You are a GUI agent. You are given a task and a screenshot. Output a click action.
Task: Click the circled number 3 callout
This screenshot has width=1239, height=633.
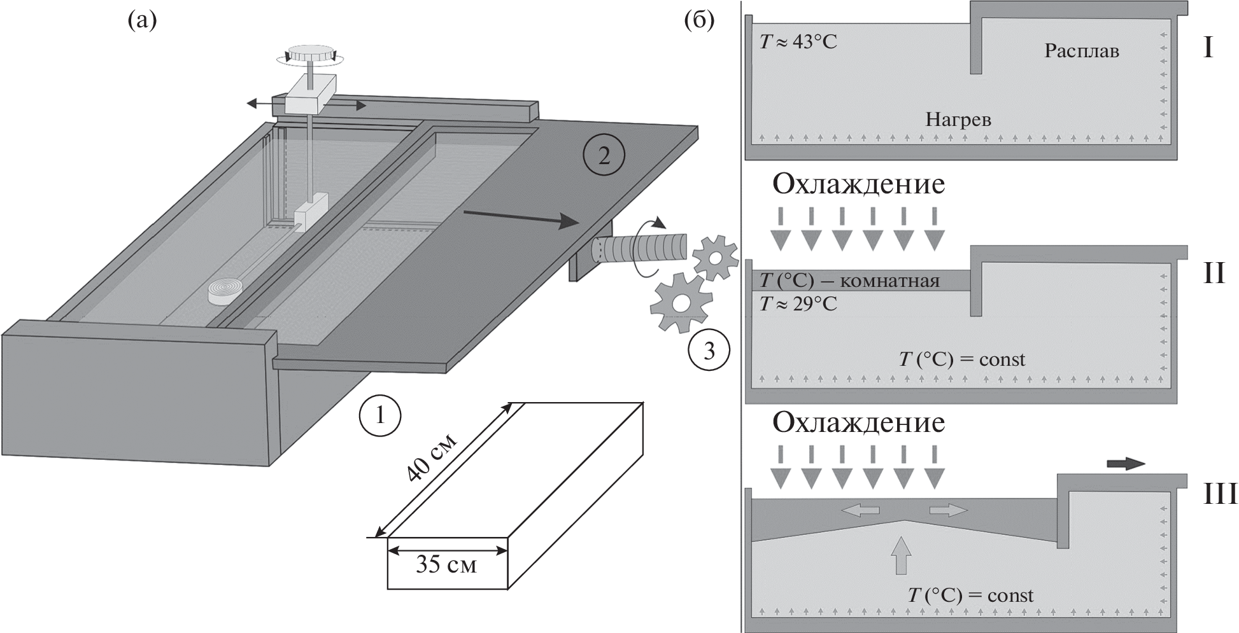point(709,351)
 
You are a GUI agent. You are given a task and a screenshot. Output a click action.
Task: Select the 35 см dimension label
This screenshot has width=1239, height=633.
point(446,564)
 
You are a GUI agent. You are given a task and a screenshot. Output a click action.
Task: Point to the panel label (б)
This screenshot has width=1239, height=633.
point(698,20)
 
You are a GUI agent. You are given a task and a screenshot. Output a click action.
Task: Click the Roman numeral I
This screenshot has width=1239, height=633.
point(1208,48)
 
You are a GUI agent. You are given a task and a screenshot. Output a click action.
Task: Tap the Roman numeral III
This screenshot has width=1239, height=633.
point(1218,494)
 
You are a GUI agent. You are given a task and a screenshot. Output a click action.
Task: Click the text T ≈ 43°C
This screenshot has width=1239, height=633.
point(798,42)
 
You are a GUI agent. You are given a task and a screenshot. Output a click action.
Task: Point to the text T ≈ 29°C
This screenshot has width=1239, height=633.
point(798,304)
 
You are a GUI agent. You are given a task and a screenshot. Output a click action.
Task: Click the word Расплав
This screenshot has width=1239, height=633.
point(1081,51)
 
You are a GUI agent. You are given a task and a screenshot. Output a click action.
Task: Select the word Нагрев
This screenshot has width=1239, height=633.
point(958,119)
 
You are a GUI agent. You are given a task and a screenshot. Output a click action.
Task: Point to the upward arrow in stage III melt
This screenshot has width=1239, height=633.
point(902,555)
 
